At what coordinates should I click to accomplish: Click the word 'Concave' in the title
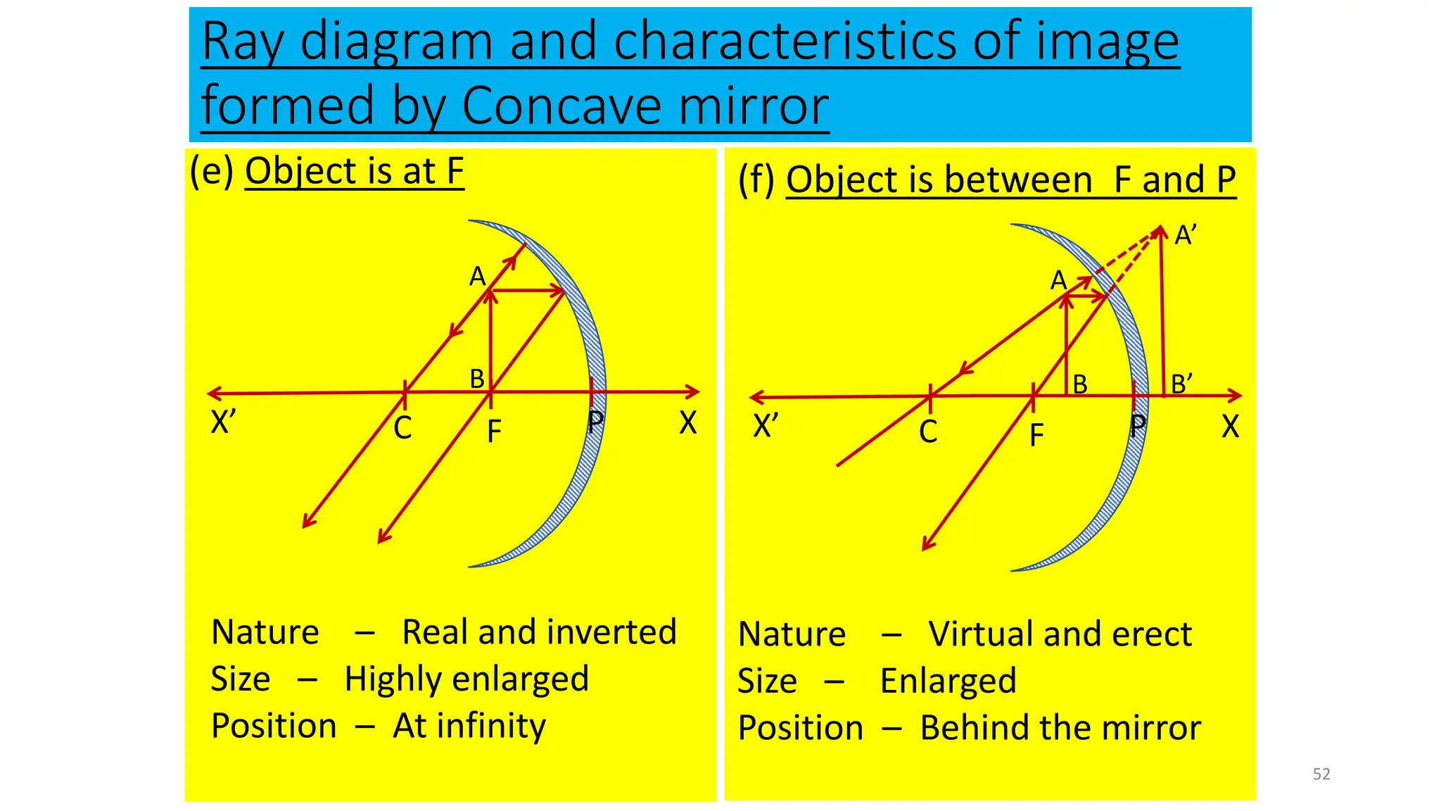[x=561, y=106]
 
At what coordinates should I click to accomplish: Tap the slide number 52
[x=1321, y=774]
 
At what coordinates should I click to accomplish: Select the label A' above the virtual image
[x=1186, y=235]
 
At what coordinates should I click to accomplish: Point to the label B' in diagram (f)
[x=1181, y=384]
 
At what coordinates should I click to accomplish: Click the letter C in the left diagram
[x=402, y=428]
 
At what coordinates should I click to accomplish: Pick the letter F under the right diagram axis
[x=1036, y=435]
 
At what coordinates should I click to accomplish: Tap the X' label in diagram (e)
[x=223, y=422]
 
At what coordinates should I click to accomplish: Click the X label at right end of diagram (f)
[x=1230, y=427]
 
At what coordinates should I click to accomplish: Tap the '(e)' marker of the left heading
[x=211, y=171]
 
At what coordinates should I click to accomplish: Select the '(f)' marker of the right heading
[x=756, y=180]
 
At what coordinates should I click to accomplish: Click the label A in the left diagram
[x=478, y=277]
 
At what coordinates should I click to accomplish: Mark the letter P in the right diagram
[x=1138, y=426]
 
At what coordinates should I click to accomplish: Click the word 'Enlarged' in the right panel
[x=948, y=681]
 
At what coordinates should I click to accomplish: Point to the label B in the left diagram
[x=477, y=379]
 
